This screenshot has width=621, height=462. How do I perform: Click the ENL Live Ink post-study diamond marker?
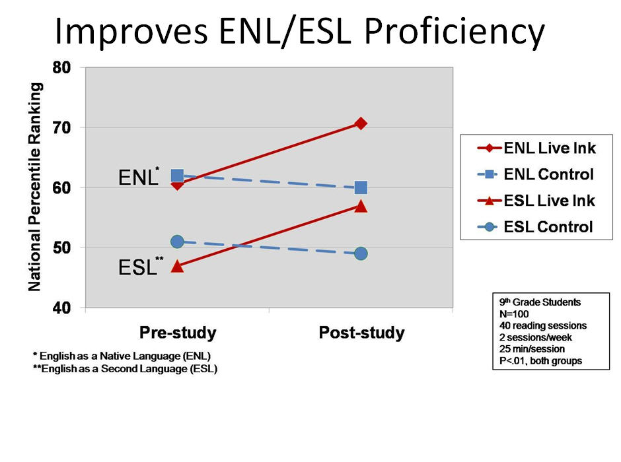(361, 124)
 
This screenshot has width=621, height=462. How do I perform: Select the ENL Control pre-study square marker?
(177, 176)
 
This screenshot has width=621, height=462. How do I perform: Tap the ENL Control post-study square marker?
(361, 187)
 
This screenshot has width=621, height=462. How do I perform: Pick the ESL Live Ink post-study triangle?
(361, 206)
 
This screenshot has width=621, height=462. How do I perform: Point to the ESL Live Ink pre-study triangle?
(177, 266)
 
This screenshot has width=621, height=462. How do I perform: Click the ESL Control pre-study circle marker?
(177, 242)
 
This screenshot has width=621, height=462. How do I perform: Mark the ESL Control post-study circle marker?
(361, 253)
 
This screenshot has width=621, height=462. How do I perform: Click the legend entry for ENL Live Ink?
(536, 148)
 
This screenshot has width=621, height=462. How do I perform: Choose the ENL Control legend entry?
(536, 174)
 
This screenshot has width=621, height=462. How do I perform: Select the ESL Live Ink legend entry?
(536, 201)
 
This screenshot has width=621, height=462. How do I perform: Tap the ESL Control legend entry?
(535, 226)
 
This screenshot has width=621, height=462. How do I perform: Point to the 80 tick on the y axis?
(62, 67)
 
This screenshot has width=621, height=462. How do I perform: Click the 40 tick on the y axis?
(62, 308)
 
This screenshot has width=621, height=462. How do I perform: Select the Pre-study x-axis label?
(178, 333)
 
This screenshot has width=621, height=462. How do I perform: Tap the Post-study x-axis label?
(361, 333)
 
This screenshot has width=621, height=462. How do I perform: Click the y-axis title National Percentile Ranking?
(35, 187)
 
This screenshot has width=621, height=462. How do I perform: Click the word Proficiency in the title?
(455, 32)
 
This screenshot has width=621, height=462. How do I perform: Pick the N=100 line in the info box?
(514, 314)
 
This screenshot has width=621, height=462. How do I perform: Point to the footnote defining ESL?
(125, 369)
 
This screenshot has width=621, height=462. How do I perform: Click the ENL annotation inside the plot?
(139, 177)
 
